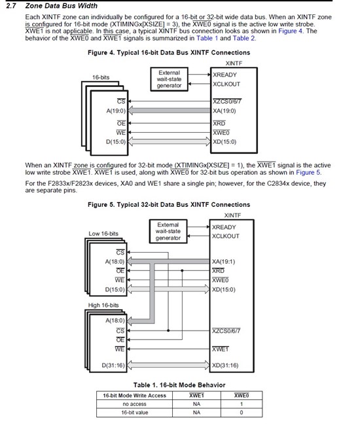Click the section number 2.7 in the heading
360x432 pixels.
coord(11,6)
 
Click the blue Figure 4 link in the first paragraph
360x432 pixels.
coord(291,31)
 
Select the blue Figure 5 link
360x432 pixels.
coord(308,172)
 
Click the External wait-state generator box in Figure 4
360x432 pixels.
coord(170,79)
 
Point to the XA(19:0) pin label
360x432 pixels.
coord(225,111)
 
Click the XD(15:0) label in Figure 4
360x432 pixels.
coord(225,142)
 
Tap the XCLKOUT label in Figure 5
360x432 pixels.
coord(226,236)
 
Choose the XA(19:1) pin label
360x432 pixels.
coord(223,261)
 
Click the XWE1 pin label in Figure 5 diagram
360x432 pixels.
coord(221,349)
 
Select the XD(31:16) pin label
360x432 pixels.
coord(225,365)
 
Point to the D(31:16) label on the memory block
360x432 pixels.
coord(113,365)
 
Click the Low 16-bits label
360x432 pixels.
coord(103,234)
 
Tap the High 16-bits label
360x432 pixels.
coord(103,305)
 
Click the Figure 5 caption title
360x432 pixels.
coord(169,205)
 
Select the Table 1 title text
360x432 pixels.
coord(179,385)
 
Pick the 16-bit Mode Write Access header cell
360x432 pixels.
coord(134,395)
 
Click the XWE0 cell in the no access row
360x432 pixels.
coord(242,404)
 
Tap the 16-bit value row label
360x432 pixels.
coord(134,413)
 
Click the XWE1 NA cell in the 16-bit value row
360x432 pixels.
coord(196,413)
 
